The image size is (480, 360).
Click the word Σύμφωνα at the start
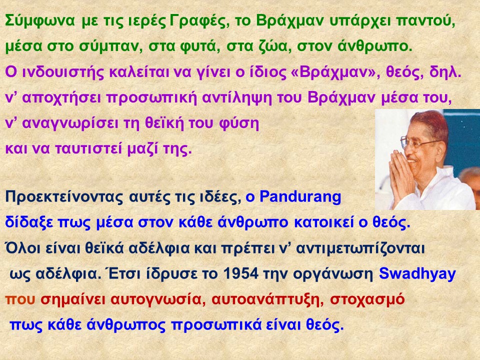pos(40,21)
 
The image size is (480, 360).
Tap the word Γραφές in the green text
pos(199,21)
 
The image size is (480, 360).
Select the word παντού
pos(425,21)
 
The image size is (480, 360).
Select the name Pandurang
pos(300,197)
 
